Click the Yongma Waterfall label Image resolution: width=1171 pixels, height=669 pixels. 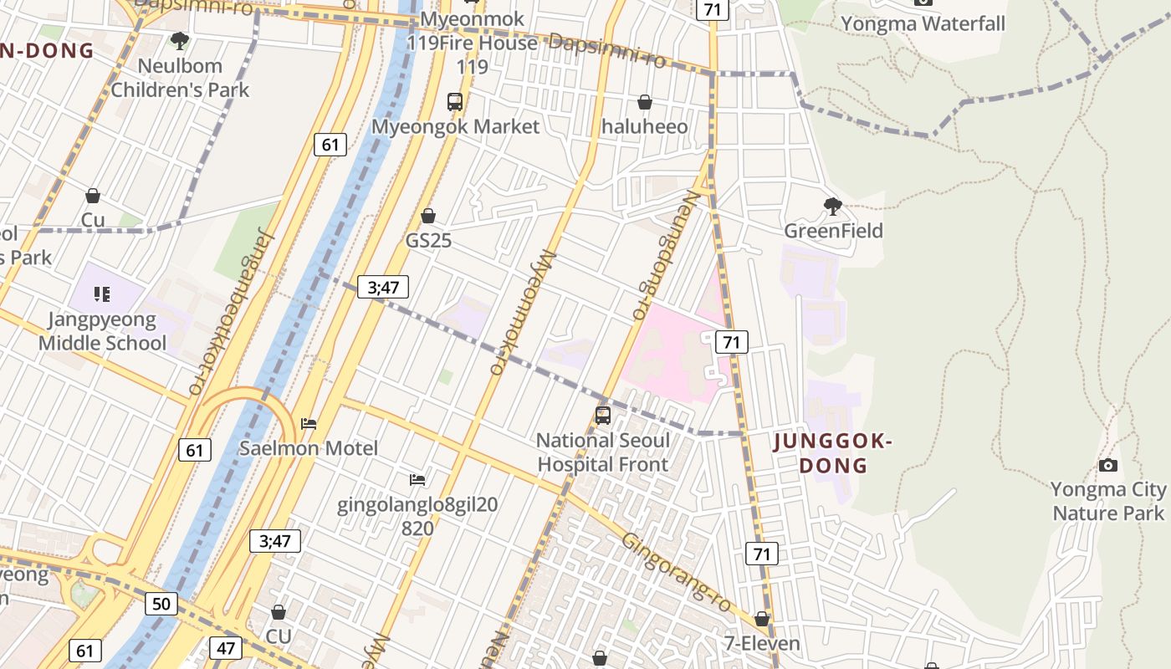click(923, 23)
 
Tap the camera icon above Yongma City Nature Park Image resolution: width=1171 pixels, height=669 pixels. click(1107, 465)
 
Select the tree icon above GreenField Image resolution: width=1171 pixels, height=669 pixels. click(832, 206)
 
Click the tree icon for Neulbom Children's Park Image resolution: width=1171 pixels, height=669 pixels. click(179, 40)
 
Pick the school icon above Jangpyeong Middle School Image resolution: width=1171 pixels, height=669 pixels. click(102, 294)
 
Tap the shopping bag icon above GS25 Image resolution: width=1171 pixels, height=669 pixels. click(428, 216)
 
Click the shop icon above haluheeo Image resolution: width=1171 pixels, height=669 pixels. click(645, 102)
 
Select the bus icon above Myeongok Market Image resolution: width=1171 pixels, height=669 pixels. click(455, 102)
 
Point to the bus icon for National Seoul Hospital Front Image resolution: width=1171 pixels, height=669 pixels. click(602, 415)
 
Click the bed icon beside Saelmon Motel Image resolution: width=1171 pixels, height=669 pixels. click(309, 424)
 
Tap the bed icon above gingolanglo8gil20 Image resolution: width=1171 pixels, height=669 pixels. click(417, 479)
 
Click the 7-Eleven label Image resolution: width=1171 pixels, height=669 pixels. click(761, 643)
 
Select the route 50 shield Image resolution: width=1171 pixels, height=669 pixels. click(161, 604)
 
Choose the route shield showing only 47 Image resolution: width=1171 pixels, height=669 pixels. click(227, 647)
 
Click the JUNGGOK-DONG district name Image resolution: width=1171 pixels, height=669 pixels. click(832, 453)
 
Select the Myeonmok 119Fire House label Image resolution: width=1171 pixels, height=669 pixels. click(473, 42)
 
